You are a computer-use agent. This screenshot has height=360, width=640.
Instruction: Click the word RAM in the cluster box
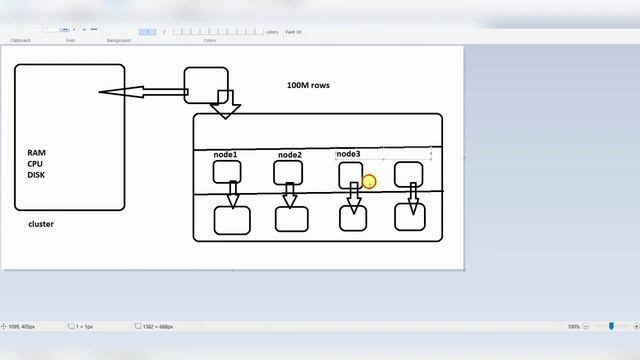pyautogui.click(x=36, y=152)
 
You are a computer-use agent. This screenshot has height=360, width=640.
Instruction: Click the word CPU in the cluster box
pyautogui.click(x=36, y=163)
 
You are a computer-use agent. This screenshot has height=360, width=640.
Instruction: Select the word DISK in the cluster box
pyautogui.click(x=37, y=175)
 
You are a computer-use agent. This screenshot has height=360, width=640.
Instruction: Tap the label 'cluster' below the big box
pyautogui.click(x=41, y=224)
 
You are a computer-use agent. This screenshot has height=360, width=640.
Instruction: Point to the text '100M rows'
pyautogui.click(x=308, y=86)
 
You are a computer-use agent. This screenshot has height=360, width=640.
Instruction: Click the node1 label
pyautogui.click(x=225, y=154)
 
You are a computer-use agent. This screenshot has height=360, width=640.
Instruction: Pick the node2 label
pyautogui.click(x=290, y=155)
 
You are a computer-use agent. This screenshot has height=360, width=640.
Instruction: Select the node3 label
pyautogui.click(x=348, y=154)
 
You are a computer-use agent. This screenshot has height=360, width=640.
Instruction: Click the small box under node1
pyautogui.click(x=227, y=171)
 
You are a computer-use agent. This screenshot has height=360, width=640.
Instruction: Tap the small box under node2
pyautogui.click(x=288, y=172)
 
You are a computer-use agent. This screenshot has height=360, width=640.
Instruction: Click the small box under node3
pyautogui.click(x=350, y=174)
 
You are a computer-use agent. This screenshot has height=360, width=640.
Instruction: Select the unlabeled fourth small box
pyautogui.click(x=408, y=174)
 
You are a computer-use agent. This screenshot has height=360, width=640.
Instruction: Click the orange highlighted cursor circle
pyautogui.click(x=369, y=182)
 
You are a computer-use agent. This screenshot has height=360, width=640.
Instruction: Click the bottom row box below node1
pyautogui.click(x=232, y=219)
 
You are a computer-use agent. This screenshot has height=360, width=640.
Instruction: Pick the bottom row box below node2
pyautogui.click(x=291, y=219)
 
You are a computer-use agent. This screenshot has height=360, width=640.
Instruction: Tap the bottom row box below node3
pyautogui.click(x=353, y=218)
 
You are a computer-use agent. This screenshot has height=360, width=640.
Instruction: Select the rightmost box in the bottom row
pyautogui.click(x=410, y=217)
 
